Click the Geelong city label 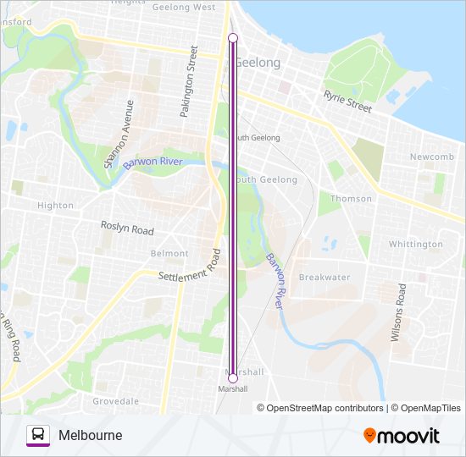(258, 63)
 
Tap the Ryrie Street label (347, 102)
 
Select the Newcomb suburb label (432, 157)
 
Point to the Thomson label (351, 199)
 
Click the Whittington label (415, 245)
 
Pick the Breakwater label (325, 278)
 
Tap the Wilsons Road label (397, 311)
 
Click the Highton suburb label (56, 206)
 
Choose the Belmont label (169, 254)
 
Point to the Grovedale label (115, 400)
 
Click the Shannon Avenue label (119, 135)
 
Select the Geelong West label (184, 7)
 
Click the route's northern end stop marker (233, 37)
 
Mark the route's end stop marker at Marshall (233, 377)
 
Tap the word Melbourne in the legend (91, 435)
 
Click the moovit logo (402, 436)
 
